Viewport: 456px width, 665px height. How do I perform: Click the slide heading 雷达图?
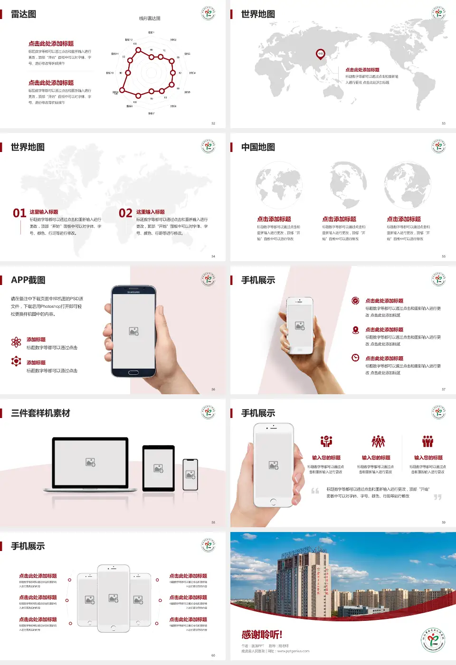point(23,14)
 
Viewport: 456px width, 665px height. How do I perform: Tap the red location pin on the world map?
point(321,54)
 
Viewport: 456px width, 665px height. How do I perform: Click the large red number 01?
point(19,213)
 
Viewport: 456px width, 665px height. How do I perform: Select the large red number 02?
point(125,213)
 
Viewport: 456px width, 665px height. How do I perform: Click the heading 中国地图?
point(258,147)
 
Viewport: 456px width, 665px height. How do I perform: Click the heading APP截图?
point(28,280)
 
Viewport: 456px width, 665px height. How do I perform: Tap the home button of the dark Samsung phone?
point(133,372)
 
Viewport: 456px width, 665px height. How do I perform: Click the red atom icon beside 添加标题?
point(16,342)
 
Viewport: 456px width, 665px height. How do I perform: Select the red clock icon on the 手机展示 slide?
point(355,358)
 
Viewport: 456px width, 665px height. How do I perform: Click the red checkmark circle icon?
point(355,300)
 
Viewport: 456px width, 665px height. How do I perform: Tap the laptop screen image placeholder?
point(90,462)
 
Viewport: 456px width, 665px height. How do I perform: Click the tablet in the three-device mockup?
point(159,468)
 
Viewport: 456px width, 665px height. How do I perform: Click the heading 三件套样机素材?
point(40,413)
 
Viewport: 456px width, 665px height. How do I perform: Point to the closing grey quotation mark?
point(437,497)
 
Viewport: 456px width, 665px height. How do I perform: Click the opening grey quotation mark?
point(315,491)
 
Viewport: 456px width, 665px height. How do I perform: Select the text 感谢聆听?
point(262,635)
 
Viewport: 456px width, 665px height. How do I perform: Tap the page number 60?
point(213,655)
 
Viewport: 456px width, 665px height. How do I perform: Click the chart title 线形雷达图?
point(150,19)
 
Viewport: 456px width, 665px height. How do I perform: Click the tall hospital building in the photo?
point(302,577)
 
